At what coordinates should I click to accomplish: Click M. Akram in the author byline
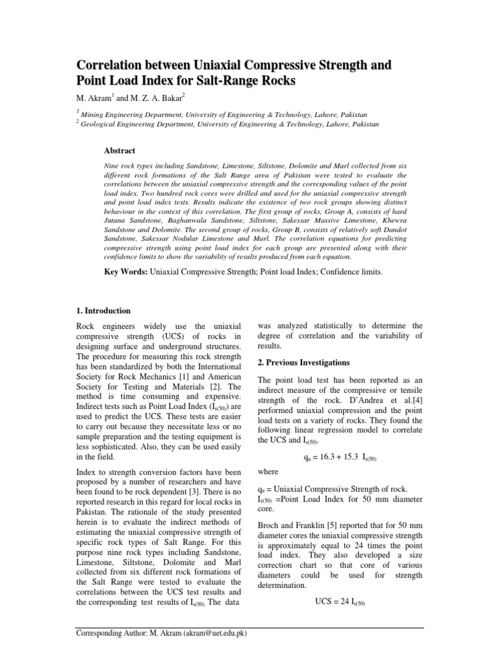click(x=95, y=98)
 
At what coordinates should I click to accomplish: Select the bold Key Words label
click(x=126, y=271)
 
